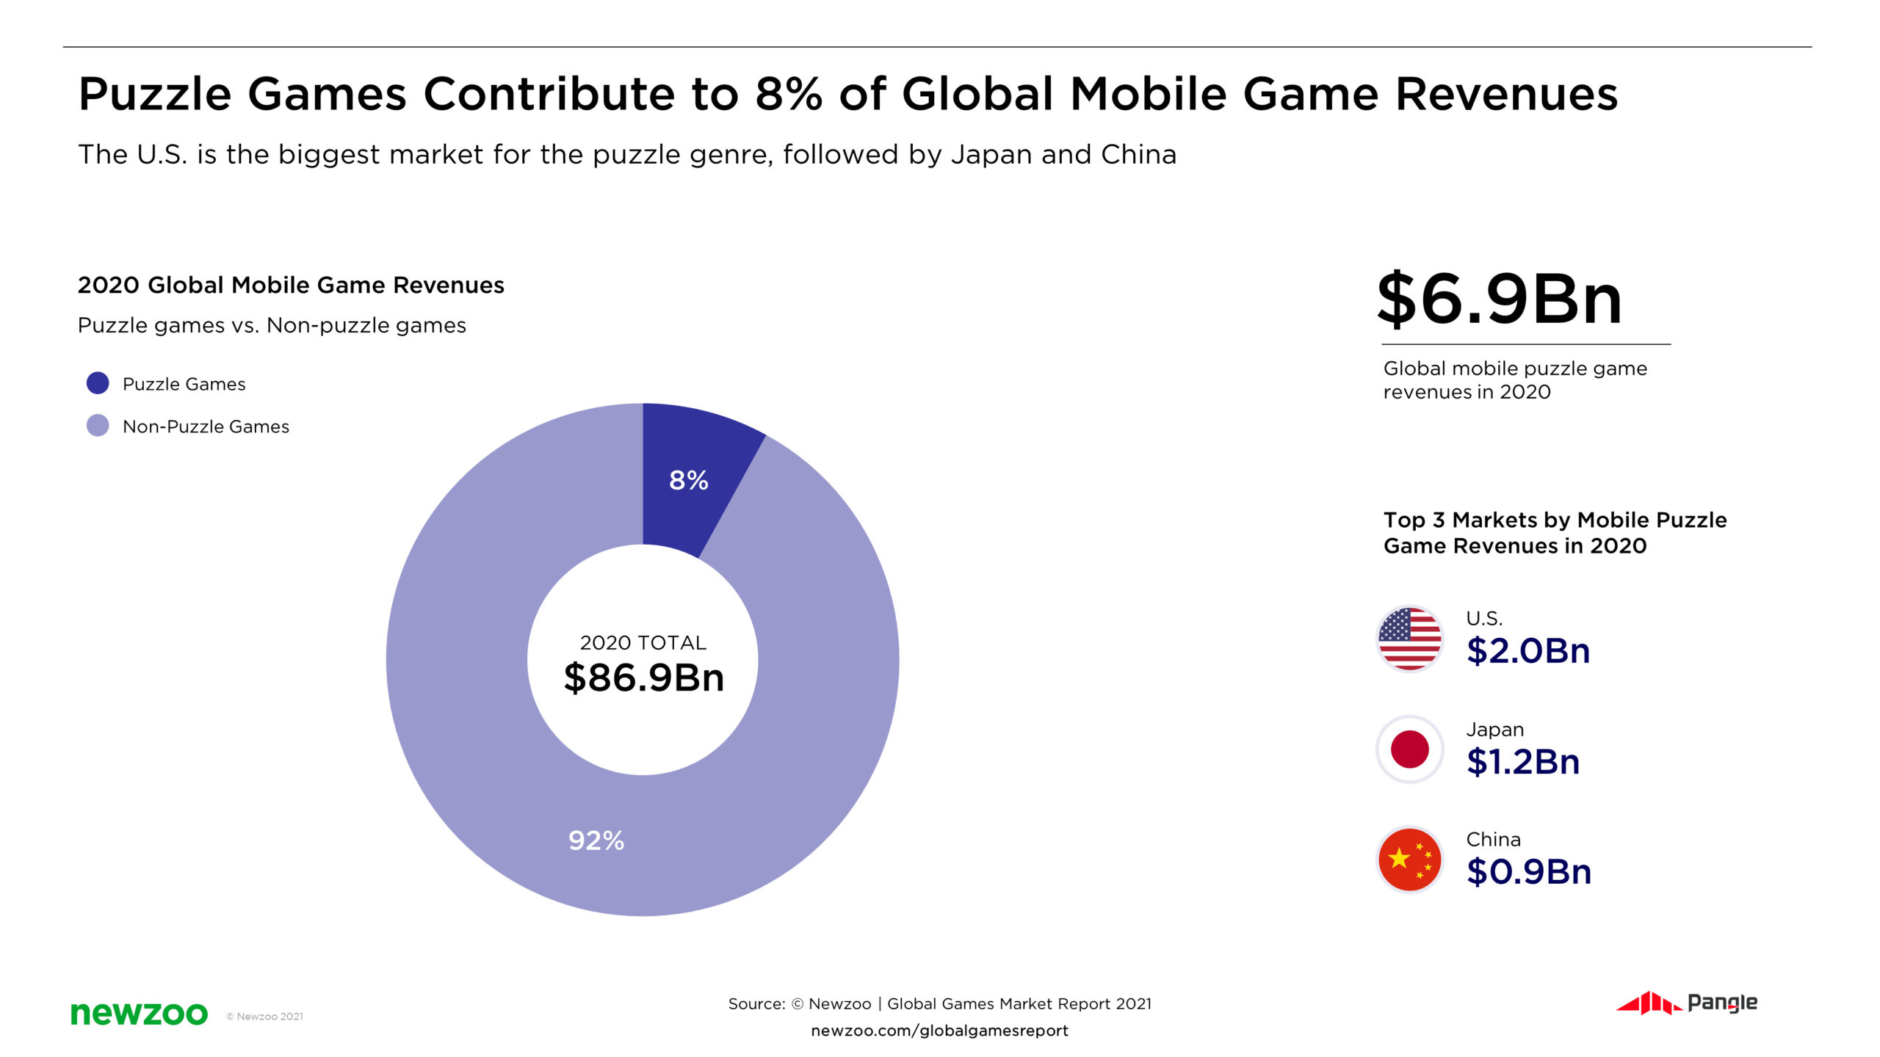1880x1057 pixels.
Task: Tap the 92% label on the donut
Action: point(596,840)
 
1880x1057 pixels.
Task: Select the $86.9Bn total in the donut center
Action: point(643,677)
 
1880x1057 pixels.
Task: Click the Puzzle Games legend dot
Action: point(98,383)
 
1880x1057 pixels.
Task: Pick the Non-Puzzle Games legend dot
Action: point(98,426)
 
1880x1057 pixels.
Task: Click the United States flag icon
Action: point(1409,639)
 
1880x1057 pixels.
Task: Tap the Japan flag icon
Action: point(1409,749)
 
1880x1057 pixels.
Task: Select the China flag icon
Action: point(1409,860)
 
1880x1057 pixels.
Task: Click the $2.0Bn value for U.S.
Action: point(1527,651)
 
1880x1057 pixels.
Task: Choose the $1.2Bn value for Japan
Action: point(1522,762)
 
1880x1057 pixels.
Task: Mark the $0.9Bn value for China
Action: point(1528,872)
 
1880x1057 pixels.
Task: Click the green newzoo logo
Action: point(139,1013)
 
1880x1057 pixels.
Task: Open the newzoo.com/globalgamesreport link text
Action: point(939,1031)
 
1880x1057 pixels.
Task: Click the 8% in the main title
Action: point(788,94)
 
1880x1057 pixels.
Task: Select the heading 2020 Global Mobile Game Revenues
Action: point(291,285)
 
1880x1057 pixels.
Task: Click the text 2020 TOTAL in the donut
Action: point(643,643)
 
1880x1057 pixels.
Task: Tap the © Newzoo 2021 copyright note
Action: point(264,1017)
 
